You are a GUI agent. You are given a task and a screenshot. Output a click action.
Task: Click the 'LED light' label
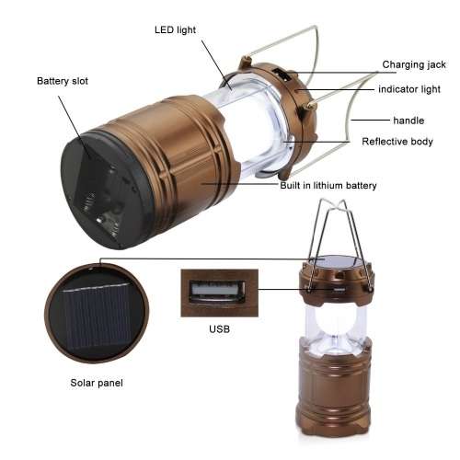[x=175, y=29]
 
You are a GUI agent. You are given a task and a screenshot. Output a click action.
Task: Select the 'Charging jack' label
[x=414, y=64]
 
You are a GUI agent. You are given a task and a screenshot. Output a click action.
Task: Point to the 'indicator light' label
[x=411, y=89]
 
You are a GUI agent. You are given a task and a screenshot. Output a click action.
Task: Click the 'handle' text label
[x=408, y=121]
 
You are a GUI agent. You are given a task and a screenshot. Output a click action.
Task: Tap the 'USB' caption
[x=219, y=328]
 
